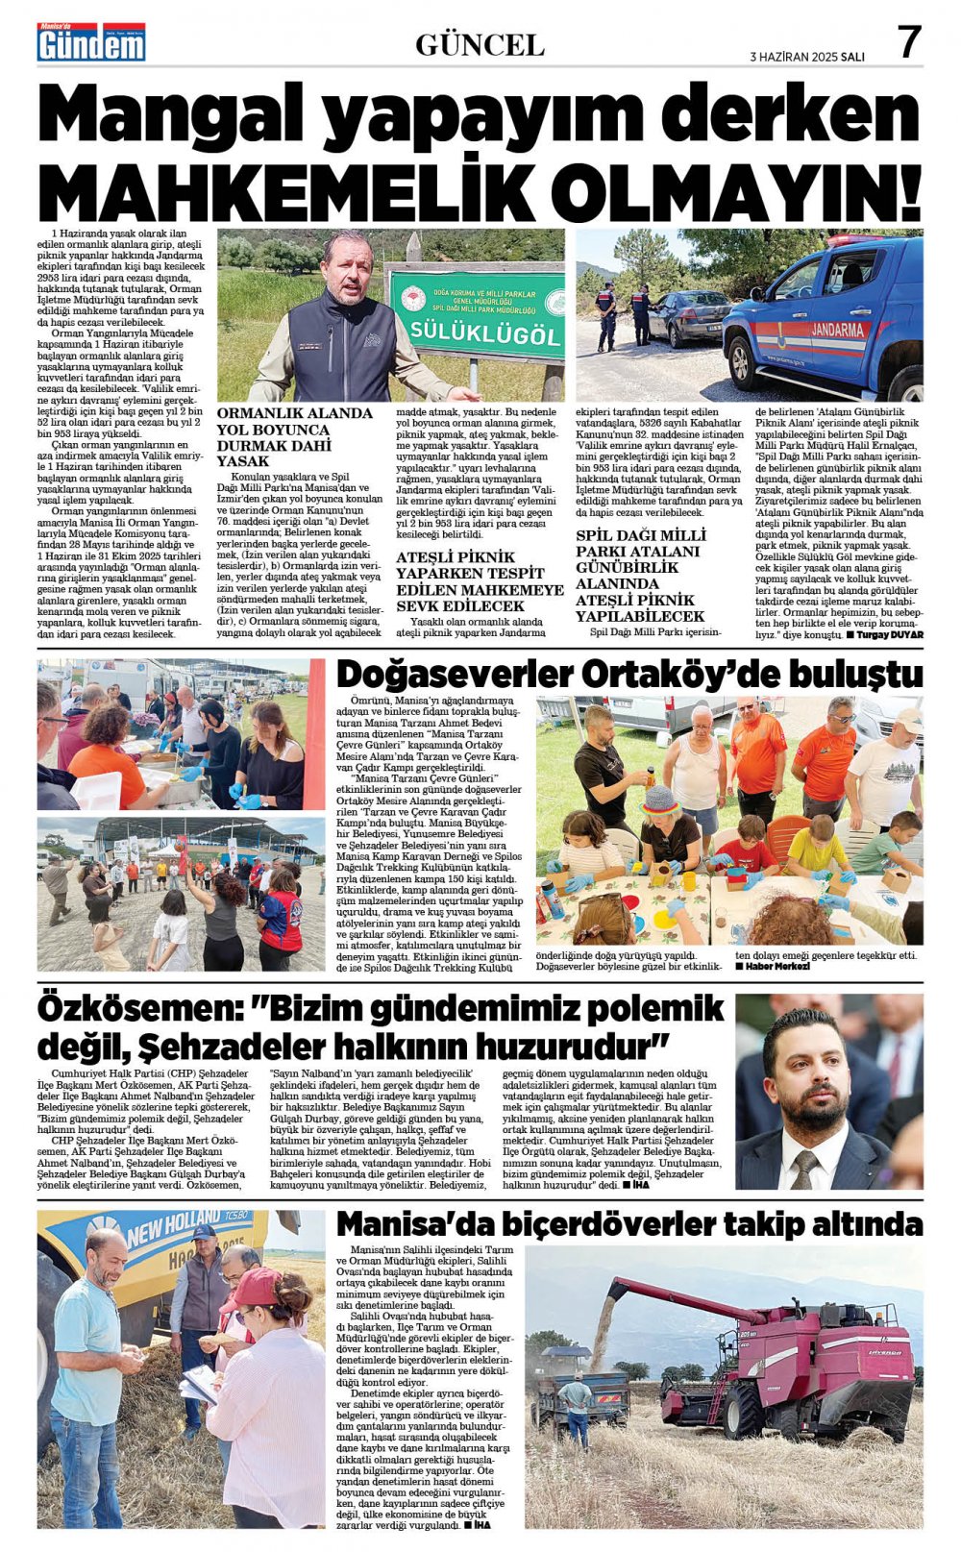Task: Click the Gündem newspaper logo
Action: point(91,43)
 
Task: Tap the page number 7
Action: point(908,43)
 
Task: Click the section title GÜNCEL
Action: point(480,44)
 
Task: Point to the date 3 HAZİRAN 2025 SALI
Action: point(806,57)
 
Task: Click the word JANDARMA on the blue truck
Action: point(837,330)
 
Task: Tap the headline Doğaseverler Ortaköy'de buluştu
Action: point(629,674)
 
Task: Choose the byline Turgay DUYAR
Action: point(889,635)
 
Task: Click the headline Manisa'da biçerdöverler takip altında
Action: point(629,1224)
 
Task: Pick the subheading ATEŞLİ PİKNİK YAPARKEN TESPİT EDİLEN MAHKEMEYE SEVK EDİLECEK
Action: point(480,581)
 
